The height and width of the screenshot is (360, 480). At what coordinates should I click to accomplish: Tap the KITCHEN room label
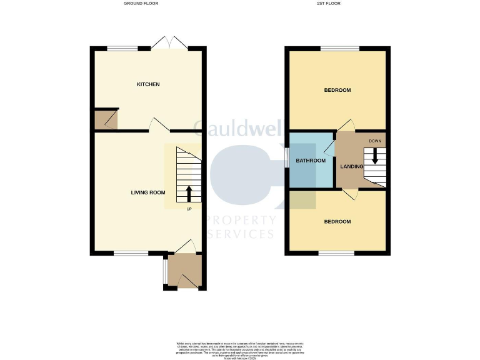pyautogui.click(x=149, y=84)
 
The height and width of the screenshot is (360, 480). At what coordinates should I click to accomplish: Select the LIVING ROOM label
pyautogui.click(x=148, y=192)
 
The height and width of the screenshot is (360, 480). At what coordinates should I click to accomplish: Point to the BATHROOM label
pyautogui.click(x=311, y=161)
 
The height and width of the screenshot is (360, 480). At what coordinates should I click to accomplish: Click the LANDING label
pyautogui.click(x=351, y=167)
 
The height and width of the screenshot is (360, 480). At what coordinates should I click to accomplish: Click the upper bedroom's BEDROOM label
pyautogui.click(x=337, y=91)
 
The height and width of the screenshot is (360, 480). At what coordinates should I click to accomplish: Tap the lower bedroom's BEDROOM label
pyautogui.click(x=337, y=222)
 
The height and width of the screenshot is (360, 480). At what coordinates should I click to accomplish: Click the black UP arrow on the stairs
pyautogui.click(x=189, y=193)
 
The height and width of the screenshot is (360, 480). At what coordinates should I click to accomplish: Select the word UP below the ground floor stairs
pyautogui.click(x=189, y=209)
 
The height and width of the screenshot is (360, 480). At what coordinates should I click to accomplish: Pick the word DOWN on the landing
pyautogui.click(x=375, y=141)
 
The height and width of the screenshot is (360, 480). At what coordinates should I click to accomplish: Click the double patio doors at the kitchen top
pyautogui.click(x=169, y=44)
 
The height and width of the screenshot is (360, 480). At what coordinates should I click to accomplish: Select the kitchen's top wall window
pyautogui.click(x=122, y=48)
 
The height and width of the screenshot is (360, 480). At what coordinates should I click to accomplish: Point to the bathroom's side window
pyautogui.click(x=287, y=157)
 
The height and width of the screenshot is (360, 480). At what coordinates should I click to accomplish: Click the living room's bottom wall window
pyautogui.click(x=131, y=253)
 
